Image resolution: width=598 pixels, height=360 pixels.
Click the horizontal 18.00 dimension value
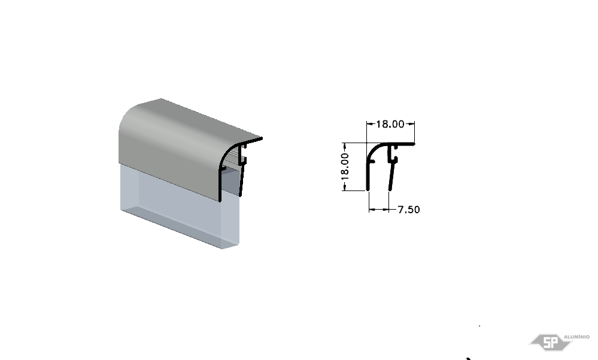[390, 124]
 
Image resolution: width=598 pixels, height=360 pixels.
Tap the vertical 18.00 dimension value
[345, 167]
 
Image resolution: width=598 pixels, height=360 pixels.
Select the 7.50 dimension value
[408, 210]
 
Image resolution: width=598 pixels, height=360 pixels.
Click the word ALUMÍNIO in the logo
[576, 337]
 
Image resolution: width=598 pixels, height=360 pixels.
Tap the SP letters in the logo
[550, 343]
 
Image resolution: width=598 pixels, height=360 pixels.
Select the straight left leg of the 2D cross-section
[368, 176]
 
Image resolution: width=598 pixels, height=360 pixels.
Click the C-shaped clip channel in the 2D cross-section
[393, 153]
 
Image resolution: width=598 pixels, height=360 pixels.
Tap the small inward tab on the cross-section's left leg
[372, 162]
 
